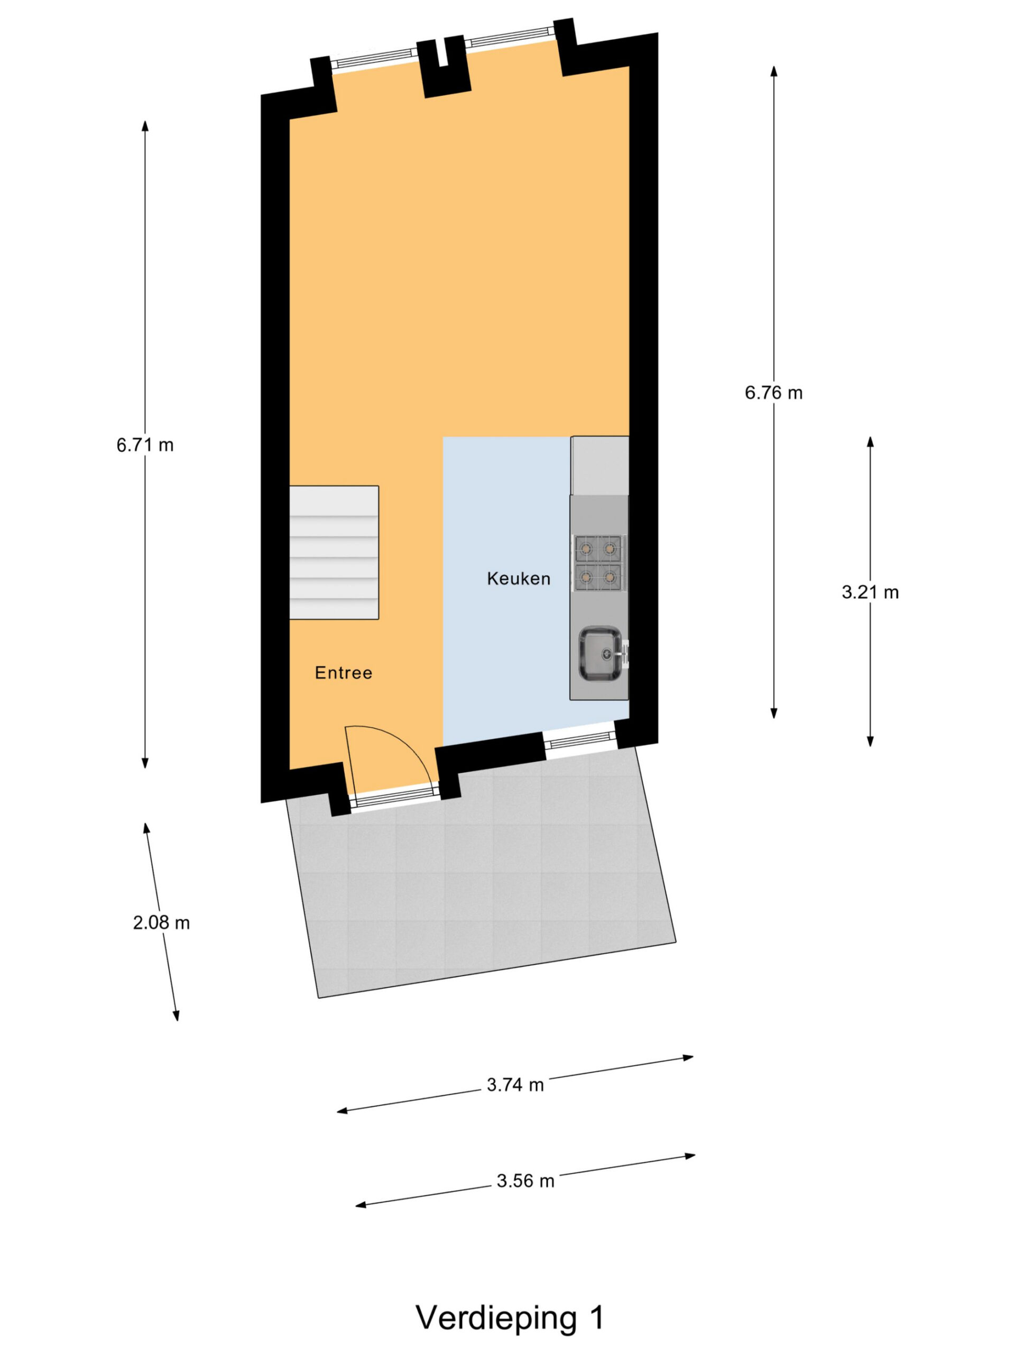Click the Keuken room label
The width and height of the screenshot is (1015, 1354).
click(518, 578)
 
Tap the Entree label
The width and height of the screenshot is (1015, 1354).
click(343, 673)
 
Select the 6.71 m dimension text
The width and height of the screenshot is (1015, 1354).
click(145, 445)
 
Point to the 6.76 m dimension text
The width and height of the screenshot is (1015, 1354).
click(773, 392)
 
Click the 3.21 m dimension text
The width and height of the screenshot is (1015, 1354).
click(870, 592)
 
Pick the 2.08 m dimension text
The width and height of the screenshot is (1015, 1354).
click(162, 922)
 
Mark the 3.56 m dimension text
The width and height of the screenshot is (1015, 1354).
click(525, 1181)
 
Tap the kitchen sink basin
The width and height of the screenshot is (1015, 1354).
click(600, 654)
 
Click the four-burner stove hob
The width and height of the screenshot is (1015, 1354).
click(598, 563)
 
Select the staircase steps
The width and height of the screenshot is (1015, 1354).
click(334, 553)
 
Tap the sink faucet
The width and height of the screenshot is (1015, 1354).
click(625, 653)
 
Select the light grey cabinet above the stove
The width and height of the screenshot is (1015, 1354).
click(599, 465)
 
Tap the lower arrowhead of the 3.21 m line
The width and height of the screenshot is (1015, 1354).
click(870, 742)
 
